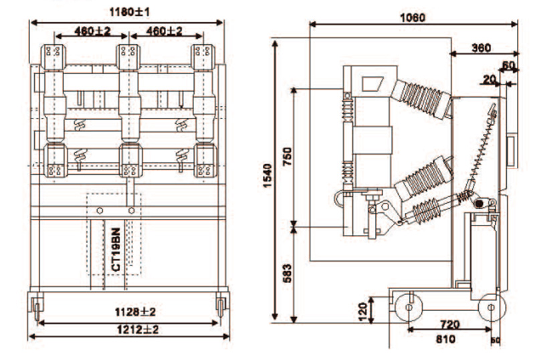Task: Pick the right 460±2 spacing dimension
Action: click(x=164, y=31)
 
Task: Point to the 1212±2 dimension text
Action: click(x=132, y=329)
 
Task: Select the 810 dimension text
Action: click(x=443, y=339)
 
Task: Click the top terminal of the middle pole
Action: click(x=130, y=52)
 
